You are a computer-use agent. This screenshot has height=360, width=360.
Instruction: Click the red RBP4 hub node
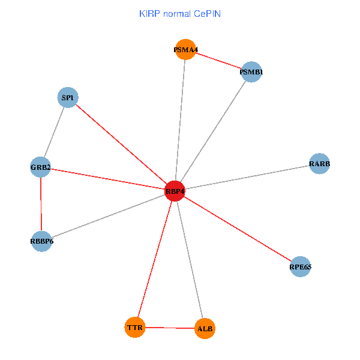(175, 191)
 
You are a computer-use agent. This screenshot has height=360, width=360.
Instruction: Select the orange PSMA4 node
(185, 50)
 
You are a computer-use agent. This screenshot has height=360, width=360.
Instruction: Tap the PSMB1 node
(251, 72)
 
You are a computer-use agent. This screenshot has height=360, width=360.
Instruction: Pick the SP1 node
(68, 97)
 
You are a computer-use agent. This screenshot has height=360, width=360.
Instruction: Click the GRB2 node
(40, 166)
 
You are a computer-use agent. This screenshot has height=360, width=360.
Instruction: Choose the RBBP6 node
(41, 241)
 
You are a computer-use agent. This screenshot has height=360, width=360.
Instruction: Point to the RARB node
(320, 164)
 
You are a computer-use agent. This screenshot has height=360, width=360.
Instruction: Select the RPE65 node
(300, 266)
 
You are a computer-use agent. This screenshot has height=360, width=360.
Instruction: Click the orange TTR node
(136, 327)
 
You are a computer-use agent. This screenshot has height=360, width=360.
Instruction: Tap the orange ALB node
(205, 329)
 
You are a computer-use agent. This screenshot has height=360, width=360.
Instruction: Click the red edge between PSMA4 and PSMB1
(218, 61)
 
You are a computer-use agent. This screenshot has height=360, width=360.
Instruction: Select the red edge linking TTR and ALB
(170, 328)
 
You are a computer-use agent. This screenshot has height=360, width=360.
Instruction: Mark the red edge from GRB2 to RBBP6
(41, 204)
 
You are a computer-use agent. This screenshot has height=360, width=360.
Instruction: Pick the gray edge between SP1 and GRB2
(54, 132)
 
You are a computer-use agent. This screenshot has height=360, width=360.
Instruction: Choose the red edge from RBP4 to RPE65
(238, 229)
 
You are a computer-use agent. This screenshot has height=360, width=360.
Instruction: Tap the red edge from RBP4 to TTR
(155, 259)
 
